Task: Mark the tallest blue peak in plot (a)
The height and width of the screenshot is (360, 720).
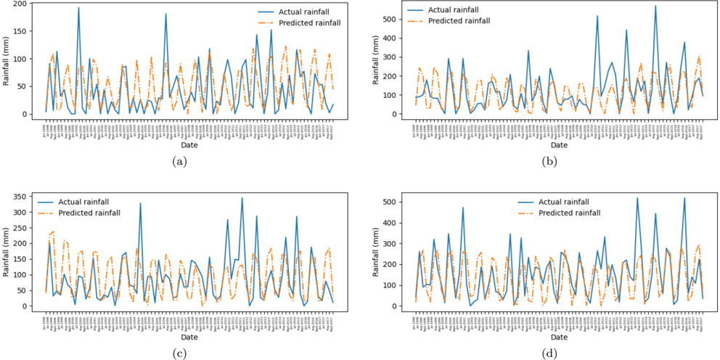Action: pos(78,8)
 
